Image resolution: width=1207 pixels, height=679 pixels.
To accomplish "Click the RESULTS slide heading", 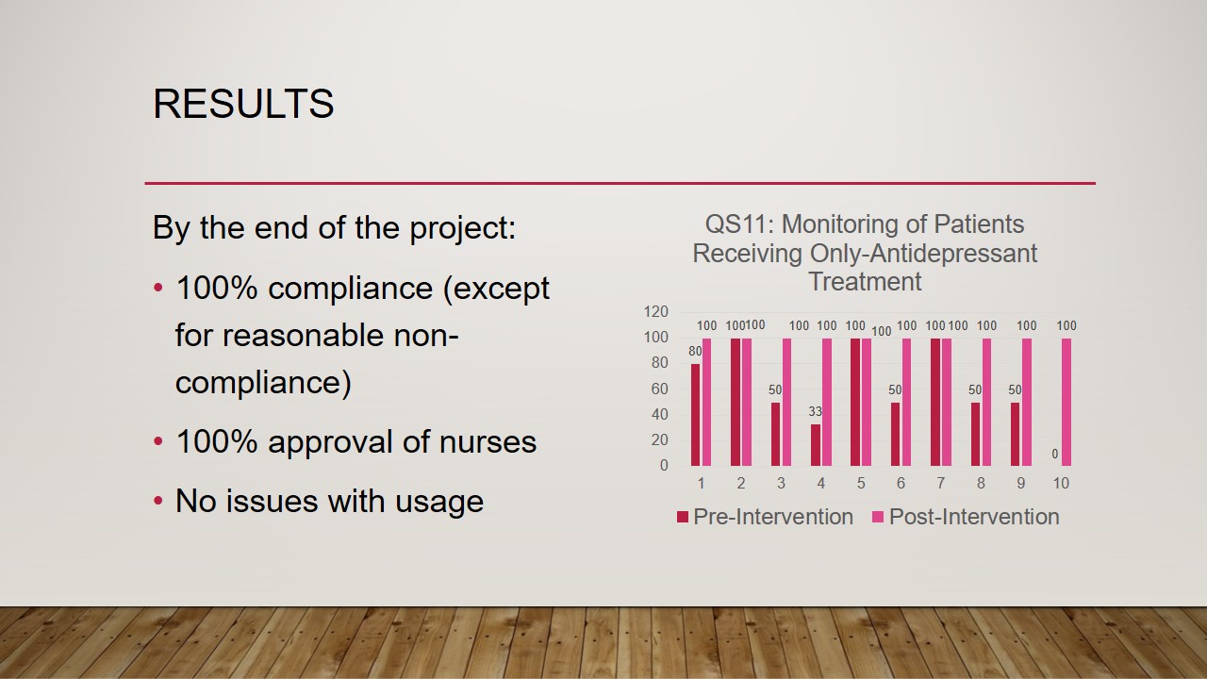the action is point(243,104).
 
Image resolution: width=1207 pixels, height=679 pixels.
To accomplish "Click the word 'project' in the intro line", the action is point(462,228).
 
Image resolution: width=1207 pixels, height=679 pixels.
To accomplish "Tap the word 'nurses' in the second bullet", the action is point(488,442).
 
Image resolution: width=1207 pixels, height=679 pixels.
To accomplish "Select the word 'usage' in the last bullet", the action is point(439,503).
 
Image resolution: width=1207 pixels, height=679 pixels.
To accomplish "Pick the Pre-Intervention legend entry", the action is point(765,517).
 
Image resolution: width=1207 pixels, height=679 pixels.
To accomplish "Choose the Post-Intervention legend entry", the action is point(966,517).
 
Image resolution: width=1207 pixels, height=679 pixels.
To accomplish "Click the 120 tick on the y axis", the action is point(655,311).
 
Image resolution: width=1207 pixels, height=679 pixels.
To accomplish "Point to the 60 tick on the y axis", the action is point(659,389).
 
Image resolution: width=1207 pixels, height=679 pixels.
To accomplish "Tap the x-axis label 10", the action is point(1061,484).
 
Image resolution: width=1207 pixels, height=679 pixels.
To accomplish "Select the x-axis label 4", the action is point(820,484).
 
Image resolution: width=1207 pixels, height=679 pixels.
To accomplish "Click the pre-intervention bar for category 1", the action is point(696,415).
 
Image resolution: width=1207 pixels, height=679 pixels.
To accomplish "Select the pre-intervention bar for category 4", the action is point(816,445).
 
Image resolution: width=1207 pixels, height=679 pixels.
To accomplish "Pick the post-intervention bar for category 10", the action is point(1066,402).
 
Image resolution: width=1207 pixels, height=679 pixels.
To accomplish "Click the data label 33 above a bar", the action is point(816,412).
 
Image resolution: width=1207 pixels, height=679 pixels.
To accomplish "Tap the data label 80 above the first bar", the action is point(695,352).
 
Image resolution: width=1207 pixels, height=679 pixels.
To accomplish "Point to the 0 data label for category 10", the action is point(1055,455).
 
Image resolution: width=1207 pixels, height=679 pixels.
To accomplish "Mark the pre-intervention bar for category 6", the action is point(895,435).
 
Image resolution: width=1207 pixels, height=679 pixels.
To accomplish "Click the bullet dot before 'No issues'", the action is point(157,501).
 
